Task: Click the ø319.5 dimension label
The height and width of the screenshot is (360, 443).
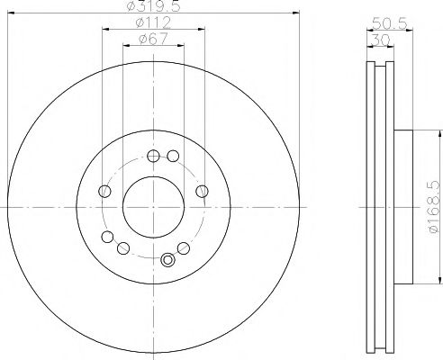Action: click(x=154, y=6)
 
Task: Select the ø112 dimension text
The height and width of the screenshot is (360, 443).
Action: click(x=153, y=22)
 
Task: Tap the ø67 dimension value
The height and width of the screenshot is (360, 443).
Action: click(x=153, y=40)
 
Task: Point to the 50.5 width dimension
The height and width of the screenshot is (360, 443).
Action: click(x=390, y=23)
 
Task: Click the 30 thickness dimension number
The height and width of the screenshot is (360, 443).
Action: click(x=381, y=40)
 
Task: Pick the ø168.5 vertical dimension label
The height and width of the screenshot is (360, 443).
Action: click(x=434, y=207)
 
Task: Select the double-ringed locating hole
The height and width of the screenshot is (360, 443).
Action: click(x=167, y=260)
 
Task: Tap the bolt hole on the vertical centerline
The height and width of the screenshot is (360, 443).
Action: click(x=153, y=156)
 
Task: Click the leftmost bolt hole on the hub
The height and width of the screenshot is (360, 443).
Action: click(x=104, y=191)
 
